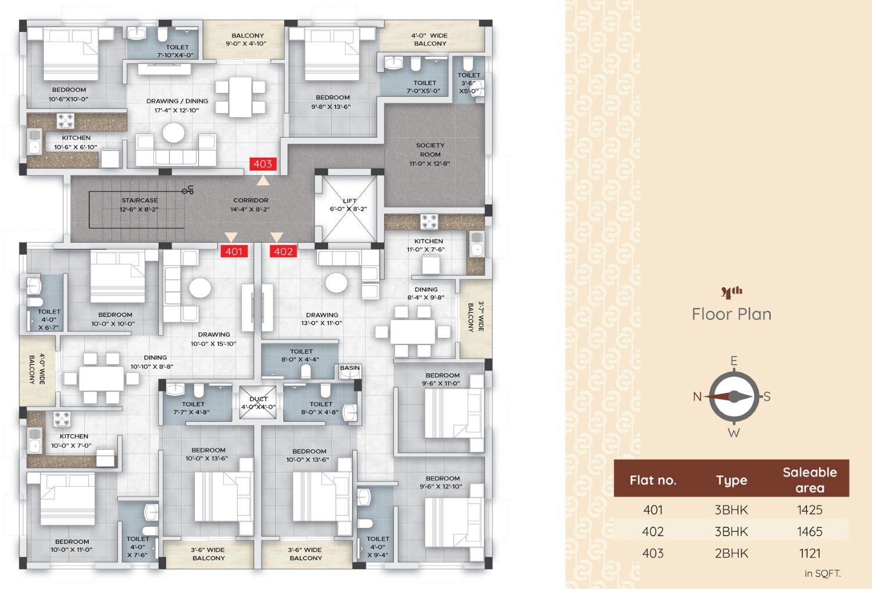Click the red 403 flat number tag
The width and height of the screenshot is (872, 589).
pos(263,164)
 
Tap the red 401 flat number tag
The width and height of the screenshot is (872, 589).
pos(234,252)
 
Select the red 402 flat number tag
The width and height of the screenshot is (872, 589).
pos(284,252)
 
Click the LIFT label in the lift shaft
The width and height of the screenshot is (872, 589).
pos(349,201)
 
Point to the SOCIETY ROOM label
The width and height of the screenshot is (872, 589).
pos(430,149)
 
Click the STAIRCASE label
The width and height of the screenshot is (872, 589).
pos(140,200)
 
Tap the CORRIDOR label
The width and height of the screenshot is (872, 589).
pos(251,200)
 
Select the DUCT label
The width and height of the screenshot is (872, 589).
pos(259,399)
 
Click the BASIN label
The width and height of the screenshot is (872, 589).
pos(349,367)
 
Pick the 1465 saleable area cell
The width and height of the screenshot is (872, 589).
pos(810,531)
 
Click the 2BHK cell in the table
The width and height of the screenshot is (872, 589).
pos(731,553)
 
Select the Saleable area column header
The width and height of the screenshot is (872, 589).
pos(810,480)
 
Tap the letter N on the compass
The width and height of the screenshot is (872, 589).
pos(697,397)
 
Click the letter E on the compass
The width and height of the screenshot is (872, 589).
pos(734,361)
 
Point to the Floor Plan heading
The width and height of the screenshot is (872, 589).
pos(731,314)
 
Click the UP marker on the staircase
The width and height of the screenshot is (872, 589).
pos(190,190)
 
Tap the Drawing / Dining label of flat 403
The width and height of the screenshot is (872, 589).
pos(177,101)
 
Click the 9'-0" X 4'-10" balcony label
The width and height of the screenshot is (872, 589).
pos(246,44)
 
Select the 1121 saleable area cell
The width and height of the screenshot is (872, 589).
pos(810,553)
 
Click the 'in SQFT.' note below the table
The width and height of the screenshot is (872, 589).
pos(823,573)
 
